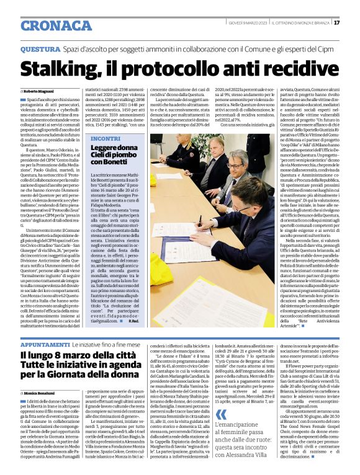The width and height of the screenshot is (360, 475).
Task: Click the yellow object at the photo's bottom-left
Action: coord(155,263)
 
